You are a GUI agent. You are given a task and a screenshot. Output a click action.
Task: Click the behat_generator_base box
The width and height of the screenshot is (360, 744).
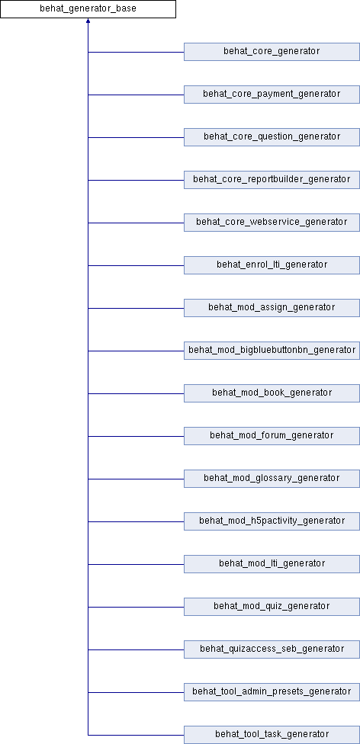tap(88, 9)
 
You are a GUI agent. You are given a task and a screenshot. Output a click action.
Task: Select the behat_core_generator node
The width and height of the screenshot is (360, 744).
tap(272, 52)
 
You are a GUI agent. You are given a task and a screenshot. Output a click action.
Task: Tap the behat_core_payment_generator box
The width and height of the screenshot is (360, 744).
tap(272, 95)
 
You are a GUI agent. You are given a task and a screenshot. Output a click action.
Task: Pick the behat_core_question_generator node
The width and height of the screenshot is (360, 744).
tap(272, 137)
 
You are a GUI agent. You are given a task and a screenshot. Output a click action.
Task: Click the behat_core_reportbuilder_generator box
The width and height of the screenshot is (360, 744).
tap(272, 180)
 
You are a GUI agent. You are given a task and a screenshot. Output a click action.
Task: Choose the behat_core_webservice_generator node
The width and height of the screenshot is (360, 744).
tap(272, 223)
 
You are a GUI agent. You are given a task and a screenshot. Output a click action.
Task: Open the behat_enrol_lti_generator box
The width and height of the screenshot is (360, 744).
tap(272, 265)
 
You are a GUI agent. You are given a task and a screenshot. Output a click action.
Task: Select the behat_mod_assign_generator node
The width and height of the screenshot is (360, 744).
tap(272, 308)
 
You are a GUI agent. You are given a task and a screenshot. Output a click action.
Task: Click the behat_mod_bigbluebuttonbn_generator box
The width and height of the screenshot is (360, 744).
tap(272, 351)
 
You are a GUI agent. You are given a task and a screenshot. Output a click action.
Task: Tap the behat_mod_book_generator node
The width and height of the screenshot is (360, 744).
tap(272, 393)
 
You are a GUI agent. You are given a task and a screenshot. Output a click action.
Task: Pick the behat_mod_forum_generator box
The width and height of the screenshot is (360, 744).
tap(272, 436)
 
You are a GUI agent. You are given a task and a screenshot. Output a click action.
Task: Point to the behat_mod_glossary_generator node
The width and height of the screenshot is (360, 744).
tap(272, 479)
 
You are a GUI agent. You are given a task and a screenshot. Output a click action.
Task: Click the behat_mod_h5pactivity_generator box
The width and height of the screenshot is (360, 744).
tap(272, 521)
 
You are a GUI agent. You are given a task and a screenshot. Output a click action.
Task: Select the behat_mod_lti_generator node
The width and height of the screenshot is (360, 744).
tap(272, 564)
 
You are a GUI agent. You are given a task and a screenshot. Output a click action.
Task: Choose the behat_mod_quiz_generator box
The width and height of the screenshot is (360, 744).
tap(272, 607)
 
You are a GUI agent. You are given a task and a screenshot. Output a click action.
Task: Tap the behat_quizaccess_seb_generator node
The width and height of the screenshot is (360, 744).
tap(272, 649)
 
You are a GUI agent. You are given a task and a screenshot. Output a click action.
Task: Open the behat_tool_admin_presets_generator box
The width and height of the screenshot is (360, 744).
tap(272, 692)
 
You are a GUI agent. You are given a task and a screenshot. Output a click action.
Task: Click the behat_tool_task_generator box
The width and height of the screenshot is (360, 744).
tap(272, 735)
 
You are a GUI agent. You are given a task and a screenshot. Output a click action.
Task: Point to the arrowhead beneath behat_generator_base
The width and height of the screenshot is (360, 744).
tap(88, 21)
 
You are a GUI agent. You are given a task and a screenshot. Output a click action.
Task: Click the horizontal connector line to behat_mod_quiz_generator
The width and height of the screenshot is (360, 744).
tap(137, 607)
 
